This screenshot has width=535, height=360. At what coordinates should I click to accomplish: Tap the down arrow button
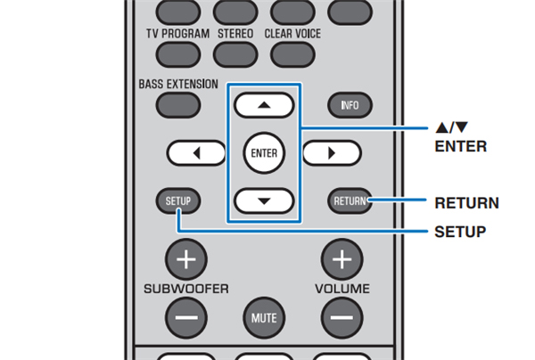(x=265, y=200)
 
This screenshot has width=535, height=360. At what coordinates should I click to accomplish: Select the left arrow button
(x=194, y=152)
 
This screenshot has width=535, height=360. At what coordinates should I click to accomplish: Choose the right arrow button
(x=331, y=152)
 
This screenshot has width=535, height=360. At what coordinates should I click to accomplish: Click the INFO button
(x=350, y=105)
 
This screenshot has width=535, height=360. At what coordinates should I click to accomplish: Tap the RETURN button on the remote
(x=350, y=200)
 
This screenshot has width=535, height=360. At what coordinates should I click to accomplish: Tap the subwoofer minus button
(x=186, y=315)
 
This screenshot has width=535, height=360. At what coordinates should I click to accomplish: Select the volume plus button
(x=342, y=259)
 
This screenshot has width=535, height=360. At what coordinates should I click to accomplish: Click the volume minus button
(x=342, y=315)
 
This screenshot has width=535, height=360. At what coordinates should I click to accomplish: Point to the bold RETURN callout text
(x=466, y=203)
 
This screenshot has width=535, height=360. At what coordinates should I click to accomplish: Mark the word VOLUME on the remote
(x=342, y=290)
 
